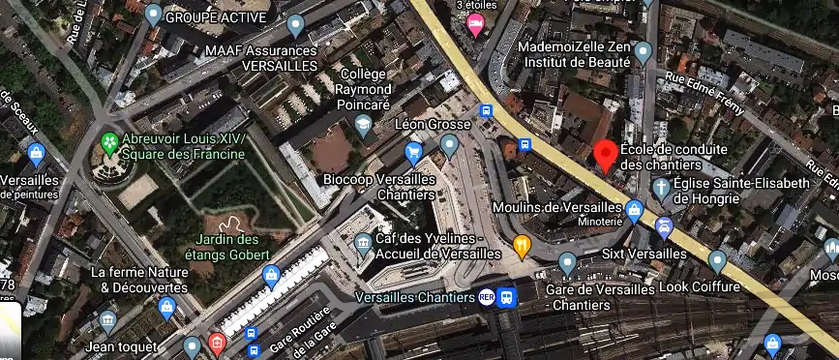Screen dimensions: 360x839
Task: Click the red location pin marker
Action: [606, 154]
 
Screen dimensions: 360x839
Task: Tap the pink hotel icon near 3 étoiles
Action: [475, 26]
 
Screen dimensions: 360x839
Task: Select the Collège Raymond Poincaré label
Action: [364, 89]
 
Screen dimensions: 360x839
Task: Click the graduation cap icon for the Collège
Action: [363, 124]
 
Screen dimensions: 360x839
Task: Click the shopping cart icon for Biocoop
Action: [414, 152]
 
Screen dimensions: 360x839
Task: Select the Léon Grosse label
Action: [432, 125]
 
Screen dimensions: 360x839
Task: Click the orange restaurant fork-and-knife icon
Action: [523, 245]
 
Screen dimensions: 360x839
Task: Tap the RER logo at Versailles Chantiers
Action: [488, 297]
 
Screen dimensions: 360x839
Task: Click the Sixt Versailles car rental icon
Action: [665, 228]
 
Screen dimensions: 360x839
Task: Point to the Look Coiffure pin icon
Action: [717, 260]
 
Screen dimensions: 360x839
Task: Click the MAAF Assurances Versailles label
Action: [260, 57]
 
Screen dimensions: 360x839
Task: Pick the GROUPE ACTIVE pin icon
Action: [153, 15]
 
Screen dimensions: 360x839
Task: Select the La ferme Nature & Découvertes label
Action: [139, 281]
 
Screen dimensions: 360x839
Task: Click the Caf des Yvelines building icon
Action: [363, 241]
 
